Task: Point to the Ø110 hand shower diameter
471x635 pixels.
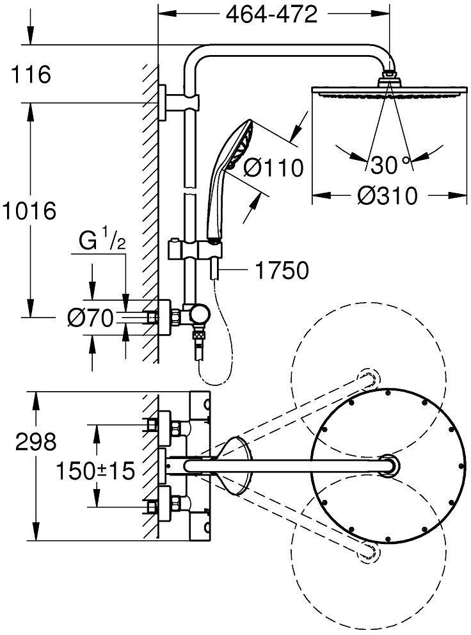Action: pyautogui.click(x=273, y=168)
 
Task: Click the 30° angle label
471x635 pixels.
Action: pyautogui.click(x=388, y=165)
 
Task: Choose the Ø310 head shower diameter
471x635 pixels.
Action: pyautogui.click(x=388, y=195)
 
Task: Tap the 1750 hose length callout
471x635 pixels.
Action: pyautogui.click(x=282, y=270)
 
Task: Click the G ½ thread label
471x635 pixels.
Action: pyautogui.click(x=101, y=243)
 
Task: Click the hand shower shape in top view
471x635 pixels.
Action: pyautogui.click(x=234, y=465)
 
